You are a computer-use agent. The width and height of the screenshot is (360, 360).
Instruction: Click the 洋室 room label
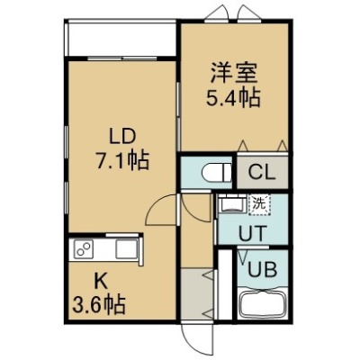234,74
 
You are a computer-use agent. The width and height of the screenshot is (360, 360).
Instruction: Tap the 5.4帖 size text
233,98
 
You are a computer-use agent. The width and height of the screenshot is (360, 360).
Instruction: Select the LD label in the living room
122,138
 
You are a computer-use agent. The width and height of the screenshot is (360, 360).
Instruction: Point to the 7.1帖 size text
122,161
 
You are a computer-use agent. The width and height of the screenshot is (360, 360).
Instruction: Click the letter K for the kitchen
102,282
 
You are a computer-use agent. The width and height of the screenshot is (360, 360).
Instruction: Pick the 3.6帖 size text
99,304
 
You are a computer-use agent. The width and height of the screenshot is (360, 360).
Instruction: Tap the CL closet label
262,173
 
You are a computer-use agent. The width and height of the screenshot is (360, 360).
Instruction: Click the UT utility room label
252,233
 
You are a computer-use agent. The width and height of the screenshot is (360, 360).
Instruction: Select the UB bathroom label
262,270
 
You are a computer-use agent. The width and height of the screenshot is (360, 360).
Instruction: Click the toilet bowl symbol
217,173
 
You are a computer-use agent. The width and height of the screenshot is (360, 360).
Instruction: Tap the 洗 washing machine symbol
259,204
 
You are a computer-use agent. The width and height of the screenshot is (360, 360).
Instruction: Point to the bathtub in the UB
263,305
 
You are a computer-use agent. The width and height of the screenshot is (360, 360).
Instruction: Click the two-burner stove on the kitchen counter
83,248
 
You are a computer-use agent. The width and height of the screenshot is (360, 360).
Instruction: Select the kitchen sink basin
127,248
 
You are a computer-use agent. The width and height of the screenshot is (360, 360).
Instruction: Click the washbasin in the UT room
232,204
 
